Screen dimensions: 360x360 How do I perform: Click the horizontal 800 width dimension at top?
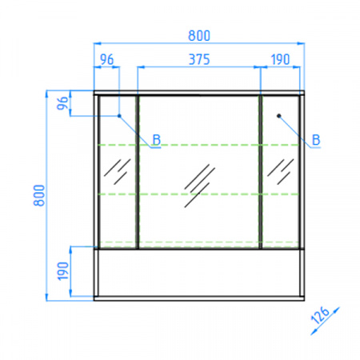(x=199, y=35)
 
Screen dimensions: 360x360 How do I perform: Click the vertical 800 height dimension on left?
(x=39, y=195)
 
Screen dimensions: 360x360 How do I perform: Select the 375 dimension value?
(x=199, y=59)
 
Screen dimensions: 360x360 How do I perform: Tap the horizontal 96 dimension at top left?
(x=106, y=59)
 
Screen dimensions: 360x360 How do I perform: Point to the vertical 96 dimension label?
(x=62, y=103)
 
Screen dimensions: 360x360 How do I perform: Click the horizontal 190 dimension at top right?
(x=280, y=59)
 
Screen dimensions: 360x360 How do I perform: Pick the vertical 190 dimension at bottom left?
(x=63, y=271)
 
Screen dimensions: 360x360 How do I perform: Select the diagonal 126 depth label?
(x=320, y=315)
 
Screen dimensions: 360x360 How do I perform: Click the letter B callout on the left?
(x=157, y=139)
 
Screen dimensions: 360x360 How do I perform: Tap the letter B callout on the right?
(x=316, y=139)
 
